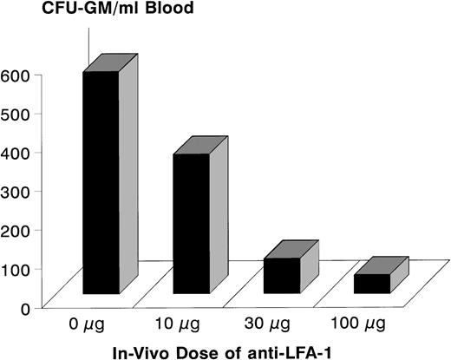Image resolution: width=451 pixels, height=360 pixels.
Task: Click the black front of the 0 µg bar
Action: point(101,182)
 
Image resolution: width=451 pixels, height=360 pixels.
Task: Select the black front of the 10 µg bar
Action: point(190,224)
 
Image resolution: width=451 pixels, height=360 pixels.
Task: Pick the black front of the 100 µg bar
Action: point(371,283)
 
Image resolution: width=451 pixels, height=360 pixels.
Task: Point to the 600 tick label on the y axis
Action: point(16,75)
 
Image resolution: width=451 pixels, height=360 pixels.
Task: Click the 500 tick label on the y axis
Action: point(16,114)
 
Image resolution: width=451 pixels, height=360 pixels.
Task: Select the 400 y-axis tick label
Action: point(16,153)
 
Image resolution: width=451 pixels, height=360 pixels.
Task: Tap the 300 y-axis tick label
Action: point(16,191)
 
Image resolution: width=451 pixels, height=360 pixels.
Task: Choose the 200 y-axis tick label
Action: point(16,230)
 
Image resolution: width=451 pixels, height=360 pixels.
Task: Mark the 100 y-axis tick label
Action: point(16,269)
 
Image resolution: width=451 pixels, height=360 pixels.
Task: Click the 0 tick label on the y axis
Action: point(26,307)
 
